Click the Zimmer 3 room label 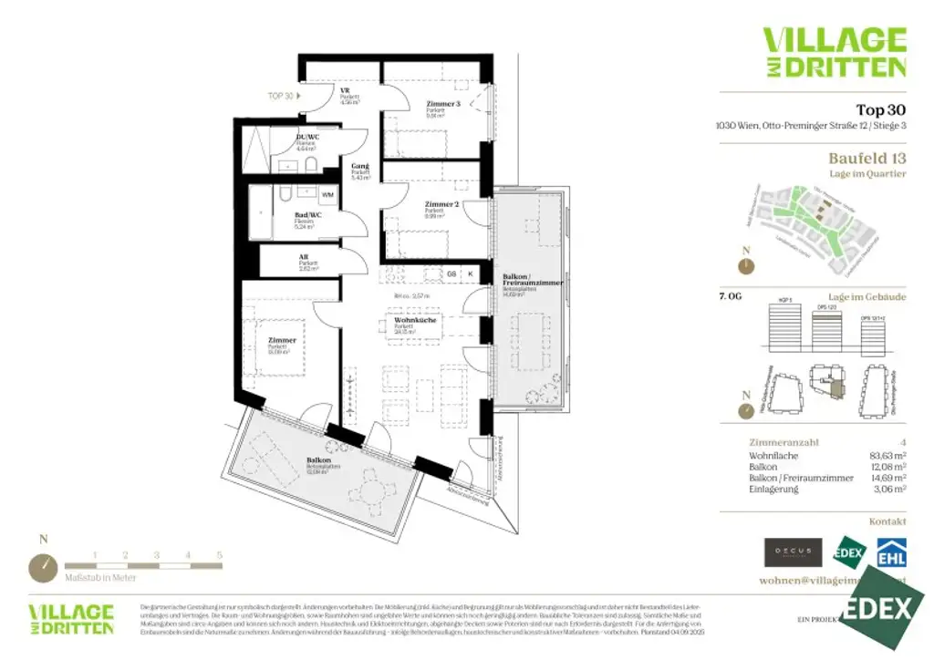pyautogui.click(x=443, y=105)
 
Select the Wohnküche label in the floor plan pyautogui.click(x=414, y=321)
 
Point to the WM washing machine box pyautogui.click(x=327, y=195)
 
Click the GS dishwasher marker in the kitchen pyautogui.click(x=451, y=273)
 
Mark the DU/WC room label pyautogui.click(x=307, y=138)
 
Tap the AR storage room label pyautogui.click(x=304, y=258)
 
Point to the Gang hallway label pyautogui.click(x=360, y=167)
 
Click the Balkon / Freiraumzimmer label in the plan pyautogui.click(x=533, y=280)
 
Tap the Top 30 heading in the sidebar pyautogui.click(x=880, y=110)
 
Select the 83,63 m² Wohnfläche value pyautogui.click(x=887, y=454)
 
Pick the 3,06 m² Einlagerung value pyautogui.click(x=889, y=490)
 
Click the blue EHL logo pyautogui.click(x=890, y=552)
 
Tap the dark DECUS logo pyautogui.click(x=793, y=552)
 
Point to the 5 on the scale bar pyautogui.click(x=219, y=554)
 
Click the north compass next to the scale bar pyautogui.click(x=42, y=567)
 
